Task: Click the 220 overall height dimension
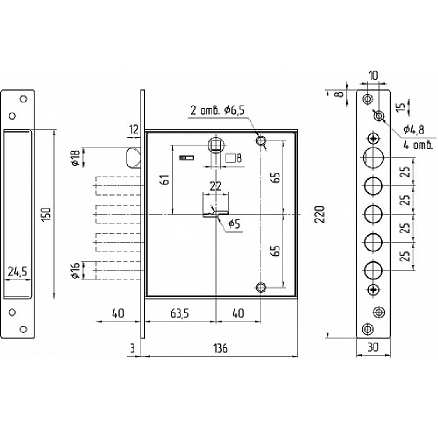[321, 214]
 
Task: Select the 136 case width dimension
[221, 348]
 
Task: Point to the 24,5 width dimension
[18, 271]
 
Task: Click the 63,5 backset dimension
[180, 314]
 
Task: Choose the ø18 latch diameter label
[76, 157]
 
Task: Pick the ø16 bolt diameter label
[76, 270]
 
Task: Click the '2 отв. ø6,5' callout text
[217, 111]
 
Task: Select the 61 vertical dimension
[165, 180]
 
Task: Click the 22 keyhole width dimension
[215, 186]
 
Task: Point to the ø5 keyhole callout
[234, 224]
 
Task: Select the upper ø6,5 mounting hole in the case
[261, 140]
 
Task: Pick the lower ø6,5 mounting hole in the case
[261, 287]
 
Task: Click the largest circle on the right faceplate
[374, 158]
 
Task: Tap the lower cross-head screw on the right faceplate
[374, 290]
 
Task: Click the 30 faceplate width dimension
[373, 347]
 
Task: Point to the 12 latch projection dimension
[134, 129]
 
